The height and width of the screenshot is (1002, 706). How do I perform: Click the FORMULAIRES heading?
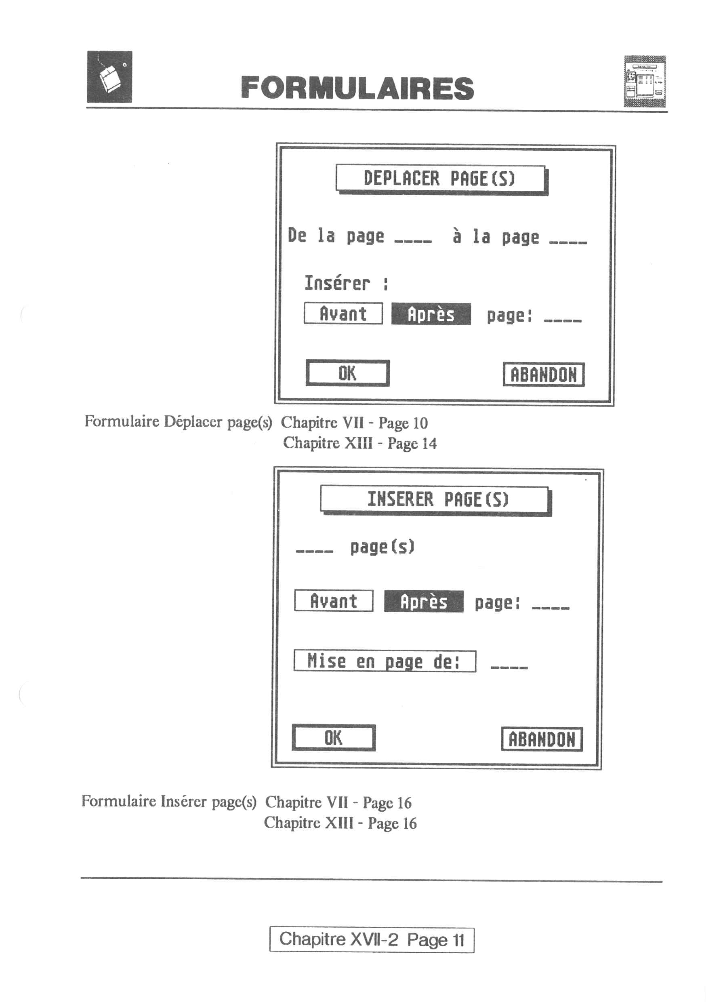click(357, 88)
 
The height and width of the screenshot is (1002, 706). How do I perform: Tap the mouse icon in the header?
click(109, 77)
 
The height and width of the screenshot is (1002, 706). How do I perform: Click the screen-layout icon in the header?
click(645, 81)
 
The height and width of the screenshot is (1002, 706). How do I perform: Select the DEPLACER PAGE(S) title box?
click(441, 179)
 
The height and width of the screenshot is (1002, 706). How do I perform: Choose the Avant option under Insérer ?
click(343, 314)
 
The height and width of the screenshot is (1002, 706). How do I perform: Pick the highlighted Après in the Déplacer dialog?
click(431, 314)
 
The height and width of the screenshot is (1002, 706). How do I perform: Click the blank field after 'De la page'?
click(413, 241)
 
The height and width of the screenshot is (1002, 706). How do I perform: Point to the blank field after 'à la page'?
click(568, 241)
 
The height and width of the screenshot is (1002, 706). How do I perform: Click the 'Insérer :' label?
click(346, 283)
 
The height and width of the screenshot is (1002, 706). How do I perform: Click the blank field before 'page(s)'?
click(315, 551)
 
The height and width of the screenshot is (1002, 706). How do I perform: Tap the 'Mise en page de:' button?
click(385, 661)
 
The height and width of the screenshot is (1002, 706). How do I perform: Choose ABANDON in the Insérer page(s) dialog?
click(542, 739)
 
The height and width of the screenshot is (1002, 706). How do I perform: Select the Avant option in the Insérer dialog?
click(334, 601)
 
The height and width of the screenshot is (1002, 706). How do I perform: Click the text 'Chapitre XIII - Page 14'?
click(360, 443)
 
